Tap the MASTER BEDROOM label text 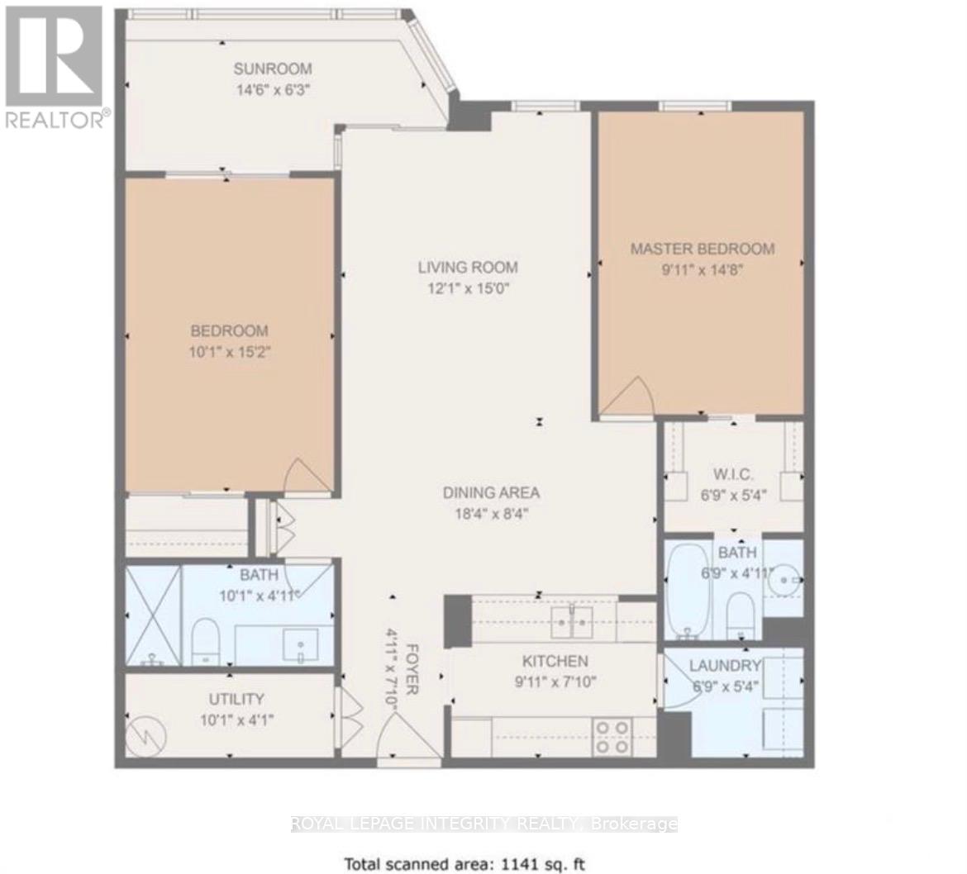coord(703,249)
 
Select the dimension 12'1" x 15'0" coord(468,287)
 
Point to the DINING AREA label coord(491,492)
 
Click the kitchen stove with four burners coord(612,737)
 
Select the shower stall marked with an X coord(154,616)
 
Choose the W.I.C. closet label coord(733,475)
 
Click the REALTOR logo coord(55,66)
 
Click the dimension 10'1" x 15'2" coord(230,352)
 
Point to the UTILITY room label coord(236,699)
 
